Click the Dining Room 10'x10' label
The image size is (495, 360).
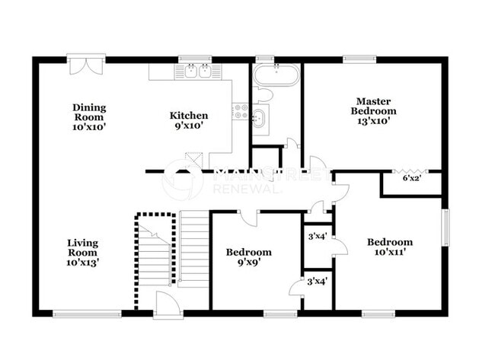click(89, 117)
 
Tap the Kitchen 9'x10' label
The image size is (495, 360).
click(189, 121)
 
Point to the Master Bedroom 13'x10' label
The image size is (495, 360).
click(373, 105)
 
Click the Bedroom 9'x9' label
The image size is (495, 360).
click(249, 257)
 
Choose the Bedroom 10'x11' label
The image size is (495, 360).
click(389, 247)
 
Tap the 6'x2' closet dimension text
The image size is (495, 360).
click(411, 179)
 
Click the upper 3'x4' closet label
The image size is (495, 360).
click(316, 236)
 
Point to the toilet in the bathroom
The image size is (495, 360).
click(263, 95)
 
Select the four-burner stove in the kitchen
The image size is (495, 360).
click(241, 112)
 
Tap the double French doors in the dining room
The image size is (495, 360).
click(83, 65)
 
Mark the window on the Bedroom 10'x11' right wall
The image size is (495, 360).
click(446, 228)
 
